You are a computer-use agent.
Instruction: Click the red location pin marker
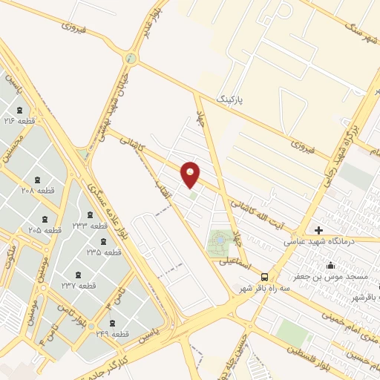click(x=191, y=174)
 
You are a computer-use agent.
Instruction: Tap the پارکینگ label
click(x=230, y=98)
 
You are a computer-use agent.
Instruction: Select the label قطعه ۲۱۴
click(x=20, y=120)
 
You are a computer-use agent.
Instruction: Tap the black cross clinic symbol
click(x=319, y=230)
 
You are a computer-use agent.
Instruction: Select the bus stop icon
click(x=265, y=276)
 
